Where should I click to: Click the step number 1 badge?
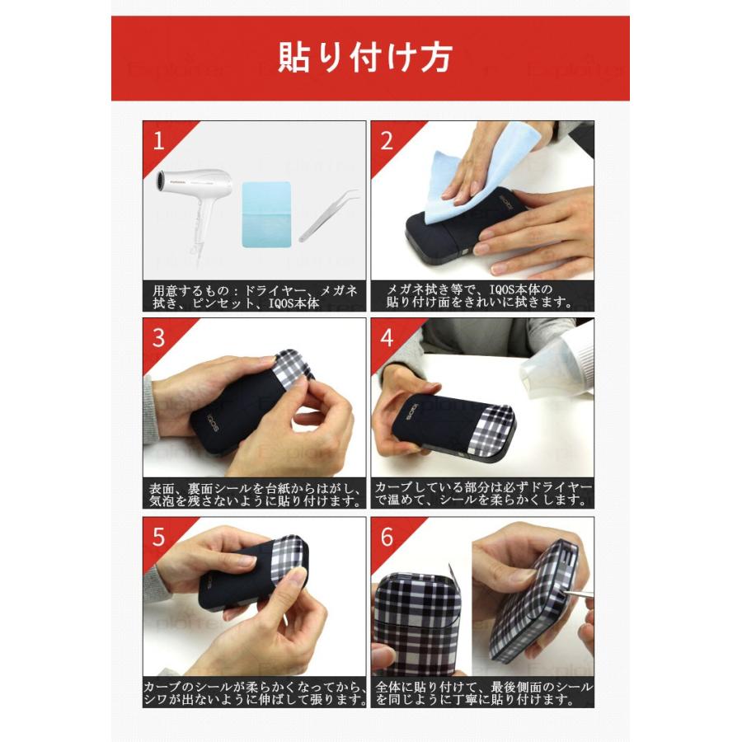(x=159, y=140)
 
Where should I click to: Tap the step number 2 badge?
(x=387, y=140)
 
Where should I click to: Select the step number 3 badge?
(x=159, y=337)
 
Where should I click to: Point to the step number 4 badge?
(x=387, y=337)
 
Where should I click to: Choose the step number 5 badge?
(x=159, y=537)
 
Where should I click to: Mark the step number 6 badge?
(x=387, y=537)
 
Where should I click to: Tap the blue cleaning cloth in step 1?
(x=266, y=213)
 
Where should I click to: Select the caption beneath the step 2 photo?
(x=481, y=296)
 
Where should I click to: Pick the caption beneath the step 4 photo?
(x=481, y=494)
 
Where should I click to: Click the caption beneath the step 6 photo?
(x=481, y=693)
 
